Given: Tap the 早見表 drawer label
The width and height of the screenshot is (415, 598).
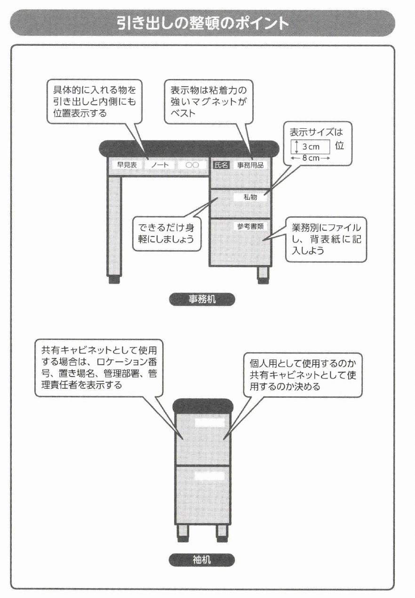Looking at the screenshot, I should tap(127, 165).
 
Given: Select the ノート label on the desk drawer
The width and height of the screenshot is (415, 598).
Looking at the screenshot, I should tap(160, 165).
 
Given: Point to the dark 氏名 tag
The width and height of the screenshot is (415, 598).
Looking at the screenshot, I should tap(221, 165).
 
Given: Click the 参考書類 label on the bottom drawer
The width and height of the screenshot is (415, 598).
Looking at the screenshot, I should tap(250, 226).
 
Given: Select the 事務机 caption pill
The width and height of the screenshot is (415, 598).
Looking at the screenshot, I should tap(202, 299).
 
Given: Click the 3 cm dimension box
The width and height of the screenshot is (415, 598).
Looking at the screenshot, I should tap(311, 147).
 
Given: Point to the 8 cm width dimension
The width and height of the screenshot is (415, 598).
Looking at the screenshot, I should tap(311, 158).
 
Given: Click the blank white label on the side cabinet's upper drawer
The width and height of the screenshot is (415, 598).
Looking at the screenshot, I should tap(210, 422).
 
